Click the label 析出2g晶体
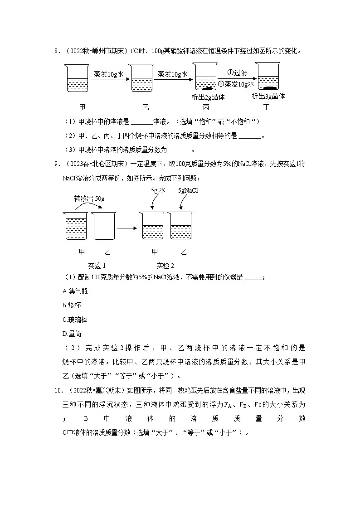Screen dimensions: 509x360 tap(209, 97)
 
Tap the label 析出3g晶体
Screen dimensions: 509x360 tap(268, 96)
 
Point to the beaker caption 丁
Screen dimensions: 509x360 tap(269, 107)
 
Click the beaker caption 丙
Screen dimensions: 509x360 tap(206, 107)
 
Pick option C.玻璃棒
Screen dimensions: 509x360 tap(75, 320)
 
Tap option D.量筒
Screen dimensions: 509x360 tap(72, 334)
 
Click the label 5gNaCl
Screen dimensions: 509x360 tap(188, 191)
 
